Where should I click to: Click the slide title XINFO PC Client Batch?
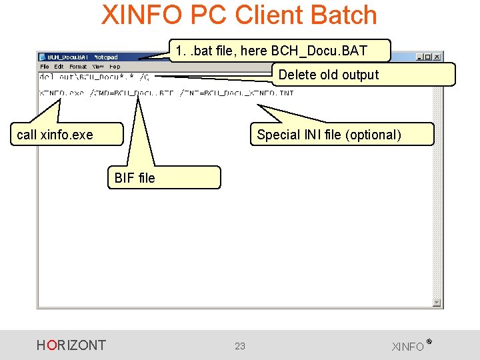tap(239, 15)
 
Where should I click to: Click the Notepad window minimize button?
tap(420, 57)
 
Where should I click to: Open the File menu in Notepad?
tap(45, 67)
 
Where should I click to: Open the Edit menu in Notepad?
tap(59, 67)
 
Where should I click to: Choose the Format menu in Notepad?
tap(78, 67)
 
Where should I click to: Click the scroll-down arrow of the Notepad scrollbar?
tap(437, 303)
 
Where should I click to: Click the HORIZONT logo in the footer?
tap(71, 345)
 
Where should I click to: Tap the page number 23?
tap(240, 345)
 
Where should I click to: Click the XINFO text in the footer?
tap(409, 347)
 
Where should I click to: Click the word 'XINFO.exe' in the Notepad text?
tap(62, 93)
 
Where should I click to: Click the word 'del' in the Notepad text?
tap(47, 77)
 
